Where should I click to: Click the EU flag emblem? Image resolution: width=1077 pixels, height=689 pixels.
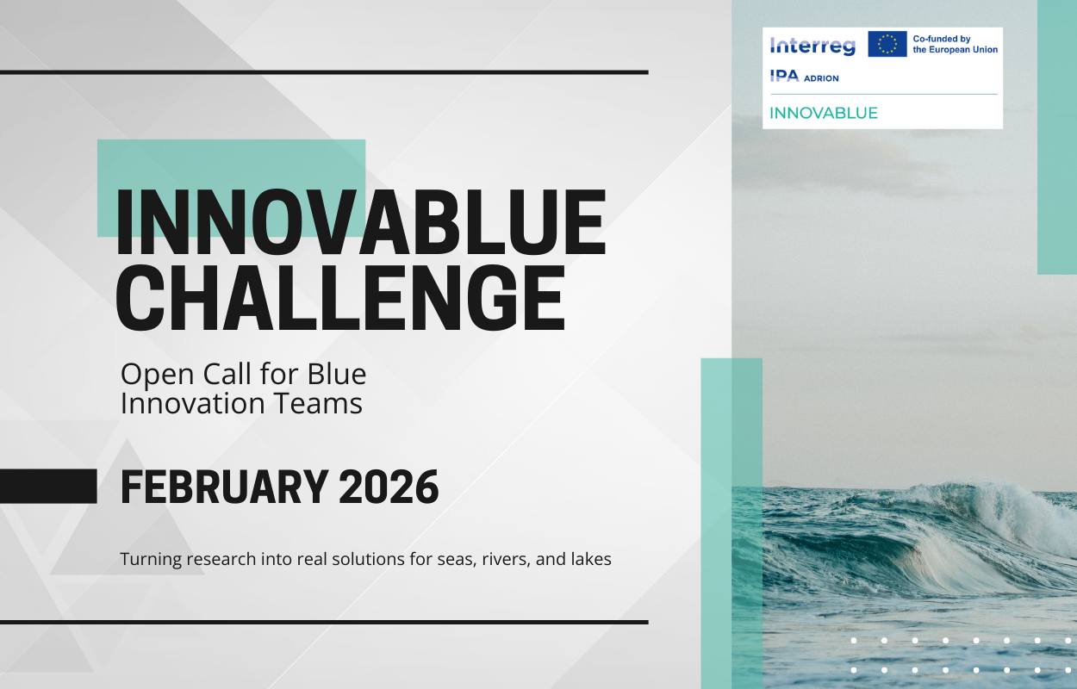887,44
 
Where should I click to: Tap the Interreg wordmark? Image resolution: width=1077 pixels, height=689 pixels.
812,47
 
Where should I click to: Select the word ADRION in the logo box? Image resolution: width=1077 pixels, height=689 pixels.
821,78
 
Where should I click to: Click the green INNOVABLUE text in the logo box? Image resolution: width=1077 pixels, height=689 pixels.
824,113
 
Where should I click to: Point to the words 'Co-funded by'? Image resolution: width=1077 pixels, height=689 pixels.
942,39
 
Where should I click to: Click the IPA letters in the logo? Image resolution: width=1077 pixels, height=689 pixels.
784,76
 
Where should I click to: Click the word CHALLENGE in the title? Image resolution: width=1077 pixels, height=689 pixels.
340,298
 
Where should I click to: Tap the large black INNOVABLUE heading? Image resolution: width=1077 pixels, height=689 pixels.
361,221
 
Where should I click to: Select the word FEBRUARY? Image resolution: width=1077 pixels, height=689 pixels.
225,487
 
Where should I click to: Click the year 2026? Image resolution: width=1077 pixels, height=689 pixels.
389,487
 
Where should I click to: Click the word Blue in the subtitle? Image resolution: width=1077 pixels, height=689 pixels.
337,374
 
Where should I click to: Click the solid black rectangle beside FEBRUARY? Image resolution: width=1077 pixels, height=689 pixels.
48,487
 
